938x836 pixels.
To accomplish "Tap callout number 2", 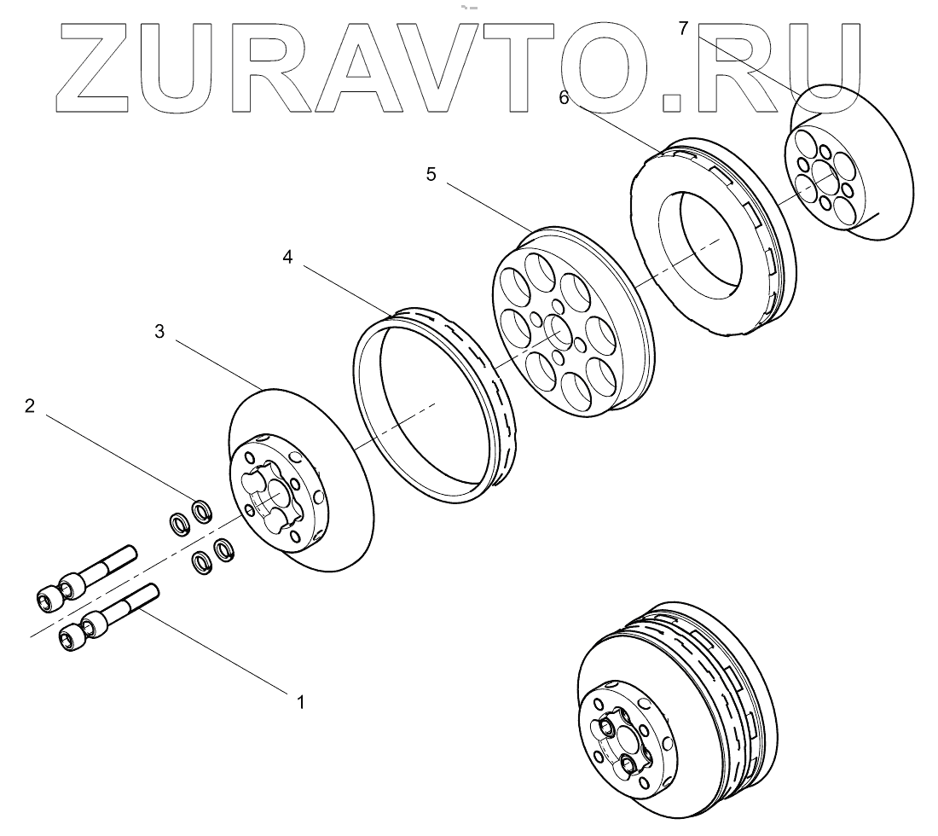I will tap(30, 405).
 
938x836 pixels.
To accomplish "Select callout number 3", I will tap(159, 332).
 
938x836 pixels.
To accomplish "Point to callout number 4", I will tap(288, 258).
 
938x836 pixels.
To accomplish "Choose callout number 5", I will tap(431, 175).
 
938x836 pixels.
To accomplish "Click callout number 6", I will tap(564, 97).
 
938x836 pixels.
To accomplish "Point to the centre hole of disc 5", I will tap(557, 329).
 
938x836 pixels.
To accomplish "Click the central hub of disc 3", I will tap(271, 491).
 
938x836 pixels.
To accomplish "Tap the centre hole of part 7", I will tap(825, 178).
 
